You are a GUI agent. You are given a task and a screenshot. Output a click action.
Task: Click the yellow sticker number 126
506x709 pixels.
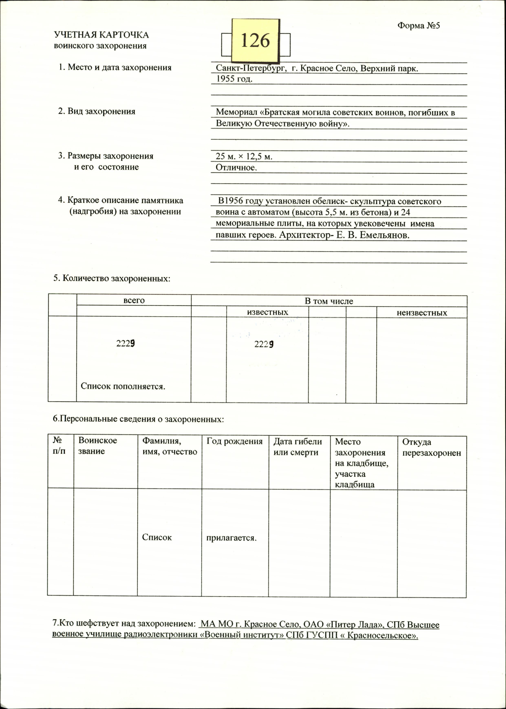(x=255, y=41)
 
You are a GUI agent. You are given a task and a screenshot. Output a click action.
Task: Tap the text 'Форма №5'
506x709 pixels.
(x=418, y=25)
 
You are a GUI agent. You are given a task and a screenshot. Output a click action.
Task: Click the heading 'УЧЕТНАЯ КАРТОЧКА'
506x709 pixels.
(x=101, y=35)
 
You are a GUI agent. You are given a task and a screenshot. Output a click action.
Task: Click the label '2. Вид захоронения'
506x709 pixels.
(x=97, y=111)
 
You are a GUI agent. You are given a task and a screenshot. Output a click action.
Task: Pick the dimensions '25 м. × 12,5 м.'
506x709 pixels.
(x=244, y=156)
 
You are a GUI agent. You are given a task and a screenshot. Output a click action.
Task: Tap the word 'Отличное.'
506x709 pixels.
(x=236, y=168)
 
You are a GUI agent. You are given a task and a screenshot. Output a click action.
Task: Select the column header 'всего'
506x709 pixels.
(x=134, y=300)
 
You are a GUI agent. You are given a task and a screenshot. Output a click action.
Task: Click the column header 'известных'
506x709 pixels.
(x=268, y=312)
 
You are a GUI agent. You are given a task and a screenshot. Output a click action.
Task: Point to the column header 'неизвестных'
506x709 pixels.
(x=422, y=313)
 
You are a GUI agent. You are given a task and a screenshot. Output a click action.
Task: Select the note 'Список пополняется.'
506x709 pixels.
(x=123, y=386)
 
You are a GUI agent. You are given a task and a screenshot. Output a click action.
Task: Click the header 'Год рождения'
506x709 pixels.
(x=234, y=441)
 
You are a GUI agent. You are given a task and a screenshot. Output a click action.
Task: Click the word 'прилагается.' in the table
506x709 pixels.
(x=231, y=538)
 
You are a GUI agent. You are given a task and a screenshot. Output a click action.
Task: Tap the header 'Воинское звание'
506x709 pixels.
(x=98, y=446)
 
